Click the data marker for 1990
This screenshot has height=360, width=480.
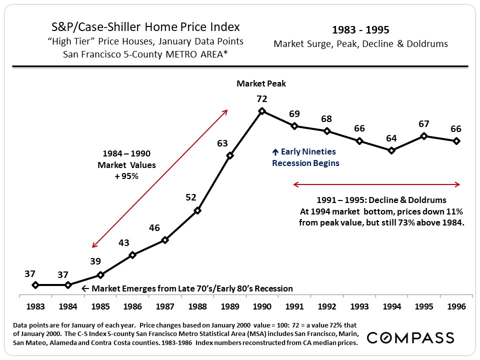(262, 111)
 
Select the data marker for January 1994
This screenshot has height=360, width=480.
(391, 150)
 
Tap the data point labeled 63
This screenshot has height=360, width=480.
(229, 155)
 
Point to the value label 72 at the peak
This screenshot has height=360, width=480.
(262, 99)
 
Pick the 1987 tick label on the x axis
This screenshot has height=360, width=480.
(165, 306)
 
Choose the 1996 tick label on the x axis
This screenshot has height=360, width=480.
(456, 306)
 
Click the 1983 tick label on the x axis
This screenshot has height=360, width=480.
(35, 306)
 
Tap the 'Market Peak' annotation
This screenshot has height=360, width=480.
(261, 84)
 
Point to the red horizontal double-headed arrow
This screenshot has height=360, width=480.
(376, 185)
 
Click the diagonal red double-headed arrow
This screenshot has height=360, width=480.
(160, 178)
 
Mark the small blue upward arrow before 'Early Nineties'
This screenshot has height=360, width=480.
(275, 152)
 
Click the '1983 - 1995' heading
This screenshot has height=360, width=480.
(360, 30)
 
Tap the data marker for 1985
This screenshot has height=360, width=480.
(100, 274)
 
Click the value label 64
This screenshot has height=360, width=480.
(391, 138)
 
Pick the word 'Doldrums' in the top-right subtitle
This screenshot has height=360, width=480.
(428, 44)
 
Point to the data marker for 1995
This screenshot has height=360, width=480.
(424, 135)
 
